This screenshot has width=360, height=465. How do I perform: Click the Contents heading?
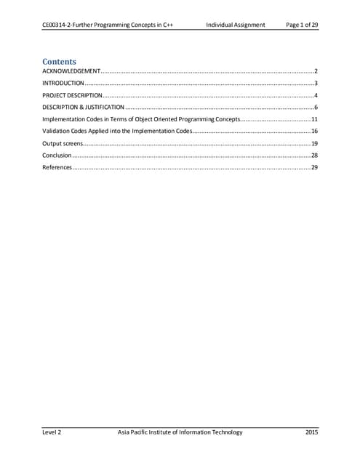[x=60, y=62]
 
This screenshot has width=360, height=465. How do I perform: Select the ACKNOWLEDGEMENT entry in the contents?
[x=71, y=73]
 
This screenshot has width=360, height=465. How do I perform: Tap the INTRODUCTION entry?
[x=63, y=84]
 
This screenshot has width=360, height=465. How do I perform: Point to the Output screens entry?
[x=62, y=144]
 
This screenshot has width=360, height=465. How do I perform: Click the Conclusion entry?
[x=57, y=155]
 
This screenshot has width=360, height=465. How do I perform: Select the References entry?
[x=57, y=168]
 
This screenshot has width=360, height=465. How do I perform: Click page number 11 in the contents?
[x=314, y=120]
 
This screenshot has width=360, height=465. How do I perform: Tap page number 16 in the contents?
[x=314, y=132]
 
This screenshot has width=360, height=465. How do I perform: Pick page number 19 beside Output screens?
[x=314, y=144]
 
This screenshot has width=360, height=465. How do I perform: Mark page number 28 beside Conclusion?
[x=314, y=155]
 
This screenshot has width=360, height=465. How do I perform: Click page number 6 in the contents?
[x=316, y=108]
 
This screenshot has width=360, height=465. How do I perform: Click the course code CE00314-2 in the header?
[x=60, y=25]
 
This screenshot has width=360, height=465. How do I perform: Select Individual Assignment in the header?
[x=235, y=25]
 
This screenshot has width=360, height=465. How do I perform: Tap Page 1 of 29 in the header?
[x=302, y=25]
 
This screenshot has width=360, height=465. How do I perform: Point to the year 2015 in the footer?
[x=311, y=432]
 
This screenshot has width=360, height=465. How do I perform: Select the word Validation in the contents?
[x=57, y=132]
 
